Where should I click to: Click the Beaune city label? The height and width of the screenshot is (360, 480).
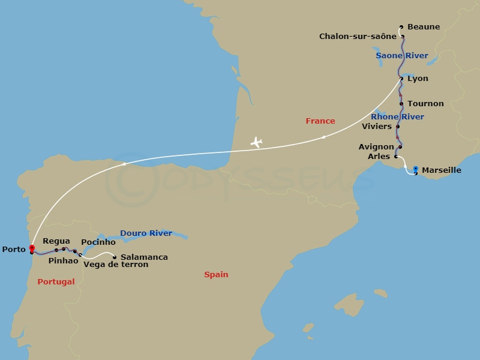click(x=423, y=27)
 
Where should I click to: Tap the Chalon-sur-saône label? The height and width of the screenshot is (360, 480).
click(x=358, y=37)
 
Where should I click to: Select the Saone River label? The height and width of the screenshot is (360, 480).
click(x=401, y=56)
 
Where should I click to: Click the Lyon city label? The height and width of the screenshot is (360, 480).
click(x=418, y=79)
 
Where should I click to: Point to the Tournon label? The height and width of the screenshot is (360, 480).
click(x=425, y=104)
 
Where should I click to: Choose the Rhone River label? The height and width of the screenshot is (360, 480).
click(x=397, y=116)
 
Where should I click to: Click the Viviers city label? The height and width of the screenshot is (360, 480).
click(x=377, y=127)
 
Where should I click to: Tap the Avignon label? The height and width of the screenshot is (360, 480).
click(x=376, y=146)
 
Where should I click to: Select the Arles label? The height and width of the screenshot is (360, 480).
click(x=378, y=156)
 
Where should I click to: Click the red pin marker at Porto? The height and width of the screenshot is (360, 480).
click(x=31, y=248)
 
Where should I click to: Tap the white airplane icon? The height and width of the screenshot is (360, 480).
click(x=256, y=142)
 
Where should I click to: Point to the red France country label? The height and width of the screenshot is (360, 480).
click(x=320, y=121)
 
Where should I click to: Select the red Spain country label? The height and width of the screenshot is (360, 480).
click(x=216, y=275)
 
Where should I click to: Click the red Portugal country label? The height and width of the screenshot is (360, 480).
click(x=56, y=282)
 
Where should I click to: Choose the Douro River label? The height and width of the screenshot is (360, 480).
click(x=146, y=233)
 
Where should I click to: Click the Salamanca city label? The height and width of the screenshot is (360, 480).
click(x=144, y=257)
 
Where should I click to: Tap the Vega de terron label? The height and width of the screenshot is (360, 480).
click(x=116, y=265)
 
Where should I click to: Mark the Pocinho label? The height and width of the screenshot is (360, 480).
click(x=98, y=242)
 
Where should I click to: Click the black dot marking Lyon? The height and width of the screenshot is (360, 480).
click(x=401, y=79)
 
